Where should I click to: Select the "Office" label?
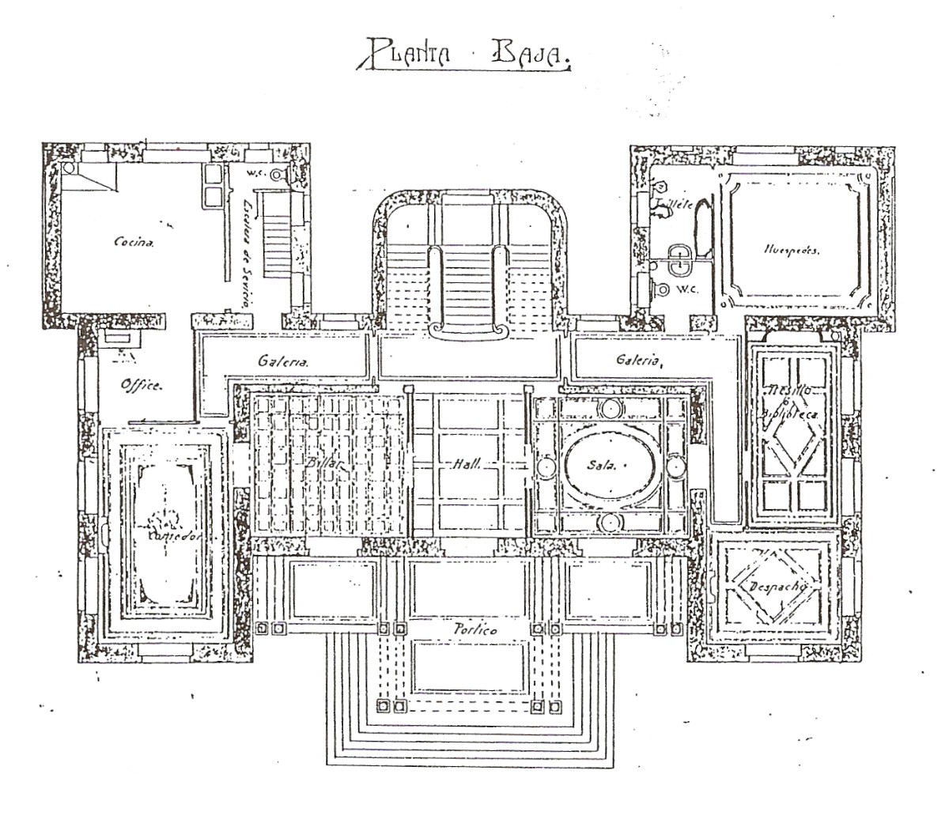[142, 386]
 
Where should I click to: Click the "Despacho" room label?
[774, 586]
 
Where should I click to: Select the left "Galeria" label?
[282, 361]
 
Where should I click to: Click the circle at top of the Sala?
[610, 410]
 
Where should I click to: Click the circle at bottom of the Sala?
[610, 521]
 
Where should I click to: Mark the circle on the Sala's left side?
[546, 466]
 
